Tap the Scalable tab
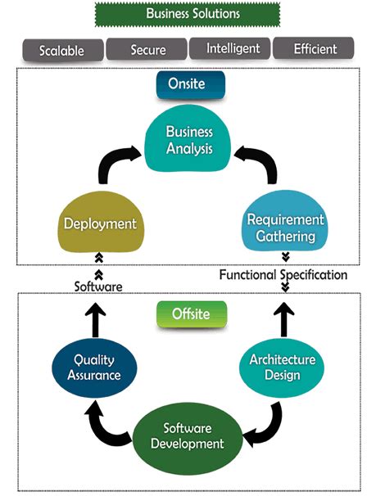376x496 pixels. (x=61, y=49)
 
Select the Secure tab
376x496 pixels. (x=147, y=49)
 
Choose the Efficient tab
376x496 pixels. (x=315, y=49)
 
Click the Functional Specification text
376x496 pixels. (x=283, y=275)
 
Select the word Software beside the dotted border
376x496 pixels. (x=99, y=286)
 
